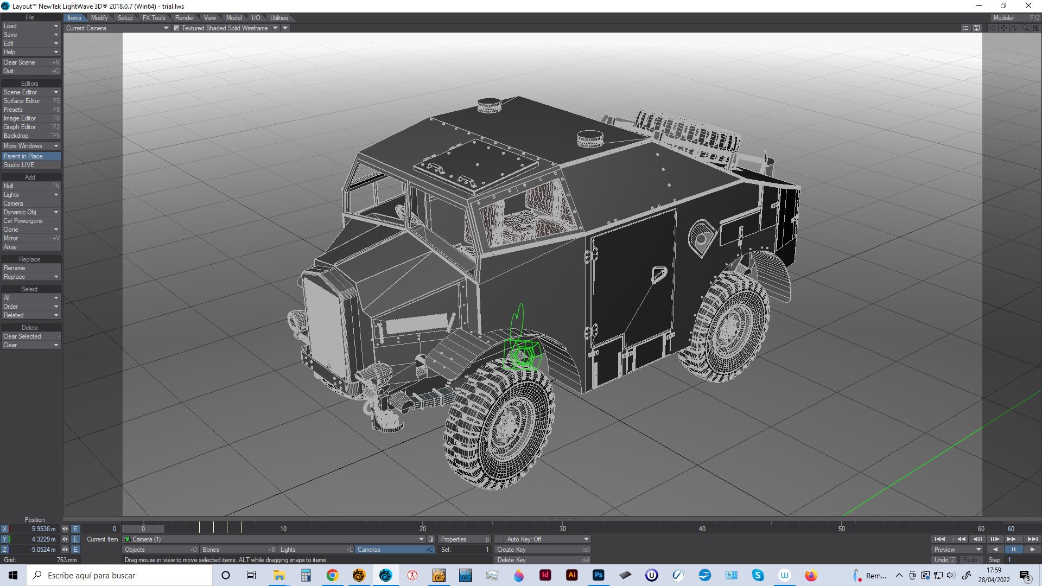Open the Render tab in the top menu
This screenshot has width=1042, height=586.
(x=184, y=18)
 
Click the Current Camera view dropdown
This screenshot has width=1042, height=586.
(x=117, y=28)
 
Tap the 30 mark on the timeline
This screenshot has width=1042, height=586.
(x=562, y=528)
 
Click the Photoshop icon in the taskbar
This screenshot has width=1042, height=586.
(x=598, y=575)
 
